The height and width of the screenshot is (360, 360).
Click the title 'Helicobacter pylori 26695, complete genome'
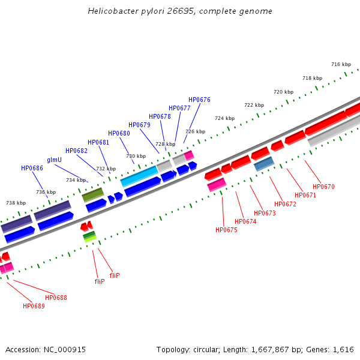pos(180,11)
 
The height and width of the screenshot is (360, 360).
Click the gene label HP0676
pos(199,100)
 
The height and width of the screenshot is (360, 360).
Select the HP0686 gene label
pos(32,169)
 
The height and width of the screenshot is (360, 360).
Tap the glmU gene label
pos(54,160)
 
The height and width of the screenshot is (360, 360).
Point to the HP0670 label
pos(323,187)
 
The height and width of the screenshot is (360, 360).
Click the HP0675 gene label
pos(226,230)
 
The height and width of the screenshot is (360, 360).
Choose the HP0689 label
pos(34,306)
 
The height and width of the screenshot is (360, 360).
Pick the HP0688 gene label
pos(56,298)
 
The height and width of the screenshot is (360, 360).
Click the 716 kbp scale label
pos(341,64)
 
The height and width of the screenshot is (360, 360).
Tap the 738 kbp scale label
pos(16,203)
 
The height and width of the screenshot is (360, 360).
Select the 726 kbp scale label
pos(195,131)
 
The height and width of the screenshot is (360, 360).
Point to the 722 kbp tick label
pos(254,105)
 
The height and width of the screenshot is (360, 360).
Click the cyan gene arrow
pos(139,176)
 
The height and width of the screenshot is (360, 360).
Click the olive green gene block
pos(93,194)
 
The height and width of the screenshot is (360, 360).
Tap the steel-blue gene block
pos(264,163)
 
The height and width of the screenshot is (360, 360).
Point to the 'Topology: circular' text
pos(185,349)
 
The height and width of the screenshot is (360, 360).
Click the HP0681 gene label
pos(98,142)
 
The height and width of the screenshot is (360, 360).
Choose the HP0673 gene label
pos(265,213)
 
